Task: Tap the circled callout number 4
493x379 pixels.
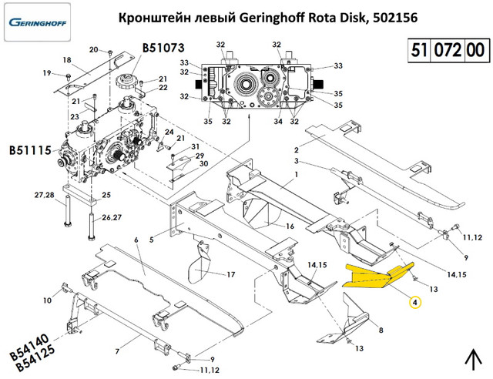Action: click(x=414, y=303)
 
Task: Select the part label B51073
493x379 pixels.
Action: click(x=164, y=49)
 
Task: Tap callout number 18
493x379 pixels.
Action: click(x=66, y=59)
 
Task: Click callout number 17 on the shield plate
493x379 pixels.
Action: click(x=230, y=275)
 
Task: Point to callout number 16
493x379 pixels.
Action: click(x=290, y=226)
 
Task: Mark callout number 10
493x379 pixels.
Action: click(x=46, y=300)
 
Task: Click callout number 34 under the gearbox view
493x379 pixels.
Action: click(x=277, y=121)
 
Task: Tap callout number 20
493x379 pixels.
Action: click(x=94, y=50)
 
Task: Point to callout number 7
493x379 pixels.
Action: click(x=117, y=352)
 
